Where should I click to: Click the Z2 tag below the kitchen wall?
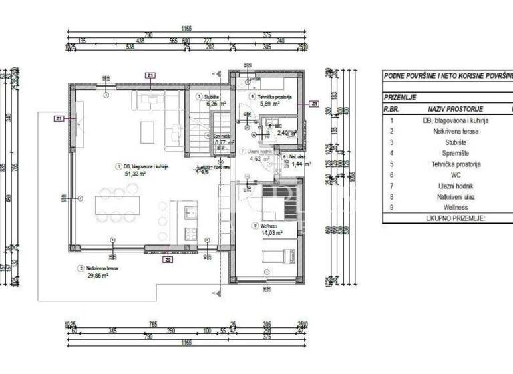(168, 260)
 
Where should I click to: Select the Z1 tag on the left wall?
(59, 118)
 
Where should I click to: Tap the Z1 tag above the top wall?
(151, 75)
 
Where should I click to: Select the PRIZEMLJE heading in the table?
(400, 97)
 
